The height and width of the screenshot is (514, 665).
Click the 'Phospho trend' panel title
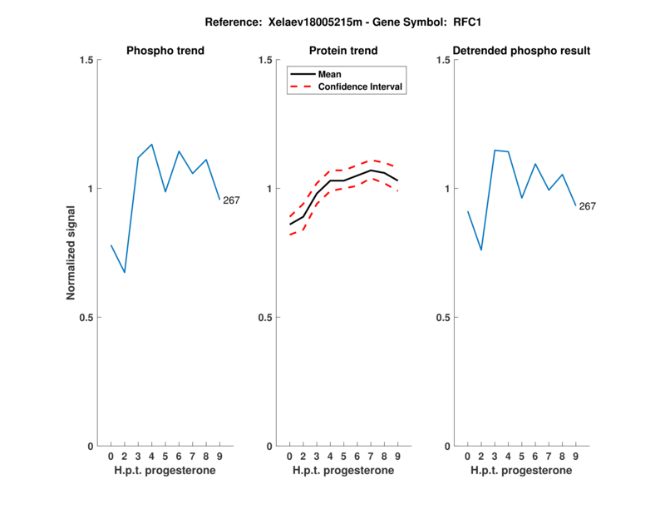[165, 51]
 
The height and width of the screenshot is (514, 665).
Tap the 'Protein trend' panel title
[343, 51]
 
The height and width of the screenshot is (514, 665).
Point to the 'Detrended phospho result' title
[521, 51]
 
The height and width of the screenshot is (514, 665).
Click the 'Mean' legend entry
[330, 74]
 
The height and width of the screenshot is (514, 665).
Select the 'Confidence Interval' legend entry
[362, 86]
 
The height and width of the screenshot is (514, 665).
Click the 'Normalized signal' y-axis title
[71, 253]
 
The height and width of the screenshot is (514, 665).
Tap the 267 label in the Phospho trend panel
[231, 200]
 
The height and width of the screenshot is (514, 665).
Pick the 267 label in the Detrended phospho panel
[588, 205]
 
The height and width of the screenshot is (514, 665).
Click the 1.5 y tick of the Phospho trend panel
[86, 60]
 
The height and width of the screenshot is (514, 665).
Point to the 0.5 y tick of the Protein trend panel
[265, 318]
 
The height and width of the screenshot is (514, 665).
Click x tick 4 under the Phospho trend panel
[151, 456]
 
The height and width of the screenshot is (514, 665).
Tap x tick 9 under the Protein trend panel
[397, 456]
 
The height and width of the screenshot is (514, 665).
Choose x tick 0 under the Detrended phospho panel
[467, 456]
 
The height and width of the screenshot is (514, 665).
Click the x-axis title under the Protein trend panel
[343, 470]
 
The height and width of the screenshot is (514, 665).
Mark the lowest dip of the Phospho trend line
[125, 272]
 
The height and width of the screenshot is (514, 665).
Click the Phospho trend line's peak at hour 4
[151, 144]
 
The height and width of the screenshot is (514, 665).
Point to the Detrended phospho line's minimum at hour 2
[481, 250]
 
